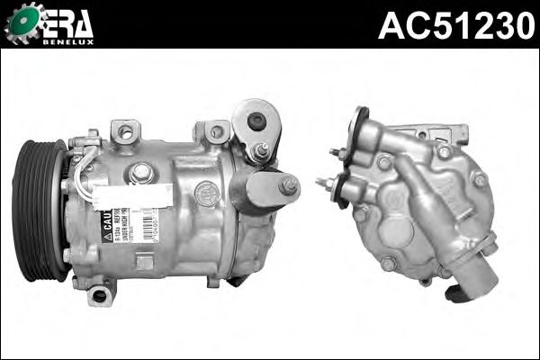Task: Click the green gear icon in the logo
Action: pyautogui.click(x=22, y=24)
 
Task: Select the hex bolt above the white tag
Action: pyautogui.click(x=140, y=171)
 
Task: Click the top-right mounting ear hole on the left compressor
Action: pyautogui.click(x=216, y=132)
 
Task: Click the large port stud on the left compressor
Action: pyautogui.click(x=288, y=187)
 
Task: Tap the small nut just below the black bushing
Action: pyautogui.click(x=260, y=150)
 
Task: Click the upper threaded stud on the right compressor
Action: pyautogui.click(x=336, y=152)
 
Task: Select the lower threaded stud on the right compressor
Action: pyautogui.click(x=323, y=184)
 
